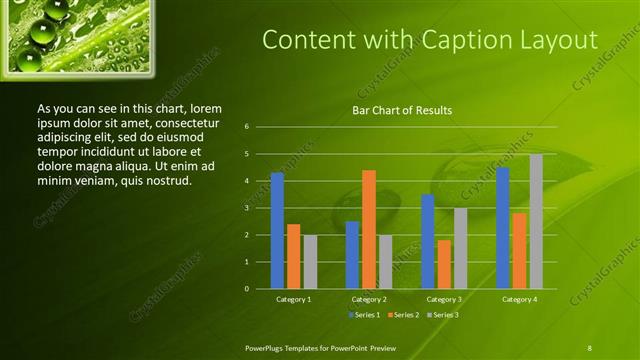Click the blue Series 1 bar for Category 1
[277, 231]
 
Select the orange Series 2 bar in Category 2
[368, 229]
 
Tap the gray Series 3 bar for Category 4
[536, 221]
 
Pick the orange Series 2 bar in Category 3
[444, 264]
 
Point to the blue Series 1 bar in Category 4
[503, 228]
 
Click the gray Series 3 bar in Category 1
[310, 262]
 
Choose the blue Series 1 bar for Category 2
[352, 255]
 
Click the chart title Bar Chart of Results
[403, 110]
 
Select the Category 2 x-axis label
[368, 299]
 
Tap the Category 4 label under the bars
[520, 299]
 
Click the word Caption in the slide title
[443, 40]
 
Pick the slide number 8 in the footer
[590, 347]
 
